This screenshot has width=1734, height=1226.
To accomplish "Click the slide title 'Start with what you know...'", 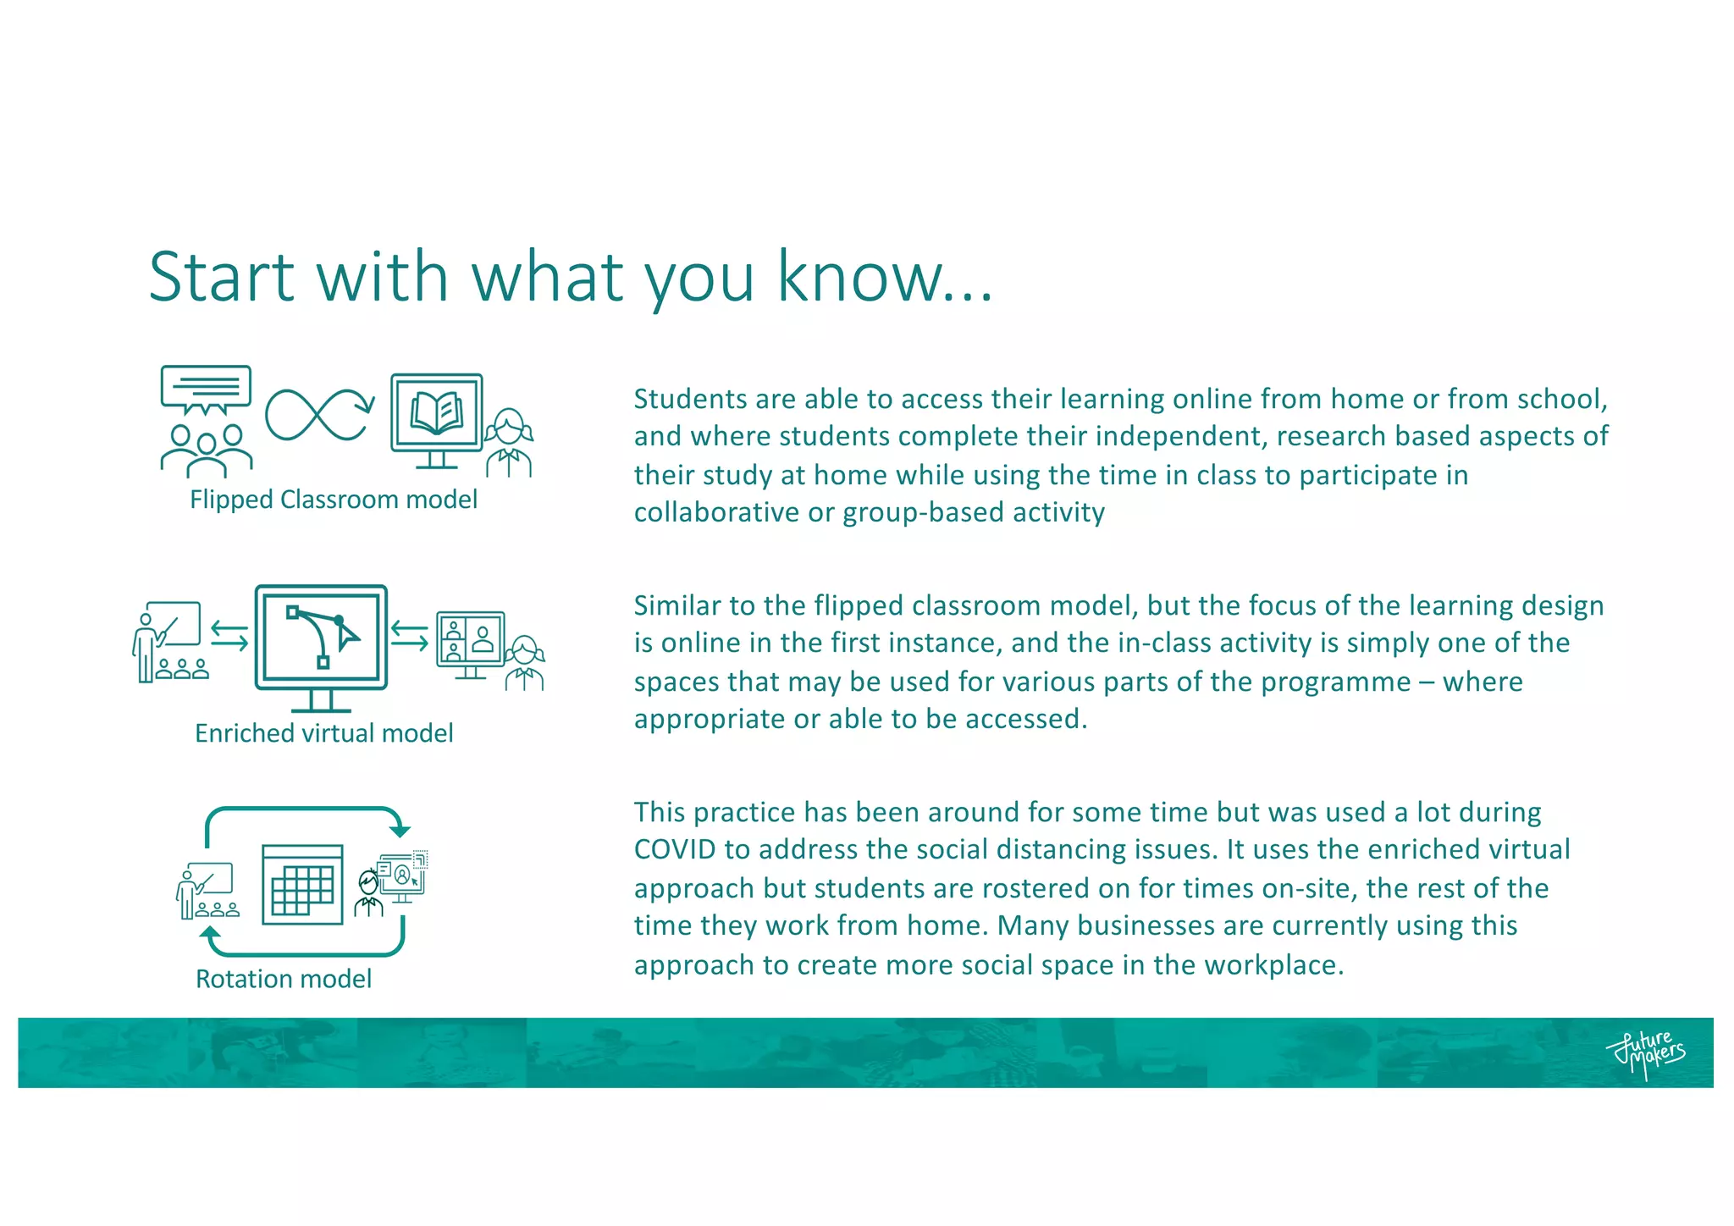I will tap(570, 277).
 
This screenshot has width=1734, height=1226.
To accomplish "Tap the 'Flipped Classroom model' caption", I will tap(334, 500).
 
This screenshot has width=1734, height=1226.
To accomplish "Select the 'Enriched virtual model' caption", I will tap(323, 733).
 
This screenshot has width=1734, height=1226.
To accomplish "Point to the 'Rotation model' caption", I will tap(284, 979).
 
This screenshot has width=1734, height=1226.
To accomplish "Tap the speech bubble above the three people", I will tap(206, 389).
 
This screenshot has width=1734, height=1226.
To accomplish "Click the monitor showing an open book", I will tap(437, 418).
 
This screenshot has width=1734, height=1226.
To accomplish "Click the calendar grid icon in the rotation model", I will tap(302, 885).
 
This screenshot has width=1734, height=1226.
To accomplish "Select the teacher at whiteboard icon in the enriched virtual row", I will tap(170, 642).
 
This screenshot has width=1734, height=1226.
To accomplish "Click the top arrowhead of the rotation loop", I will tap(400, 831).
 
